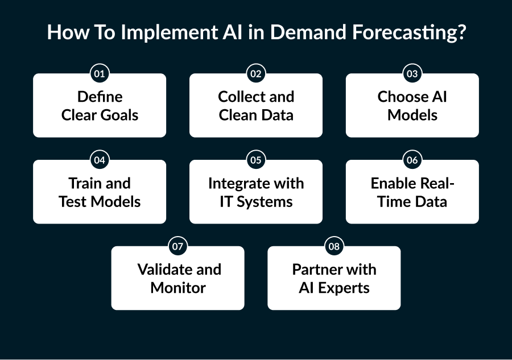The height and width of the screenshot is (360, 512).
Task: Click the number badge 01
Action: tap(100, 74)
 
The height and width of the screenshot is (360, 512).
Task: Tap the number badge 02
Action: tap(256, 74)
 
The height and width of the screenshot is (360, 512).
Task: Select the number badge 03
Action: tap(412, 74)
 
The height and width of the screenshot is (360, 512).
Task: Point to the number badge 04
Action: tap(100, 160)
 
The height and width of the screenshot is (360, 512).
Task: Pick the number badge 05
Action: tap(256, 160)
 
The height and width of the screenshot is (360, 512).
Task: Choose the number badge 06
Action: tap(412, 160)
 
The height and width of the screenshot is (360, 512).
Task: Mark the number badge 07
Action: tap(177, 247)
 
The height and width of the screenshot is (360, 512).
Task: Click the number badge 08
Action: tap(334, 247)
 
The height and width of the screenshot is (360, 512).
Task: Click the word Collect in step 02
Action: tap(239, 97)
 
